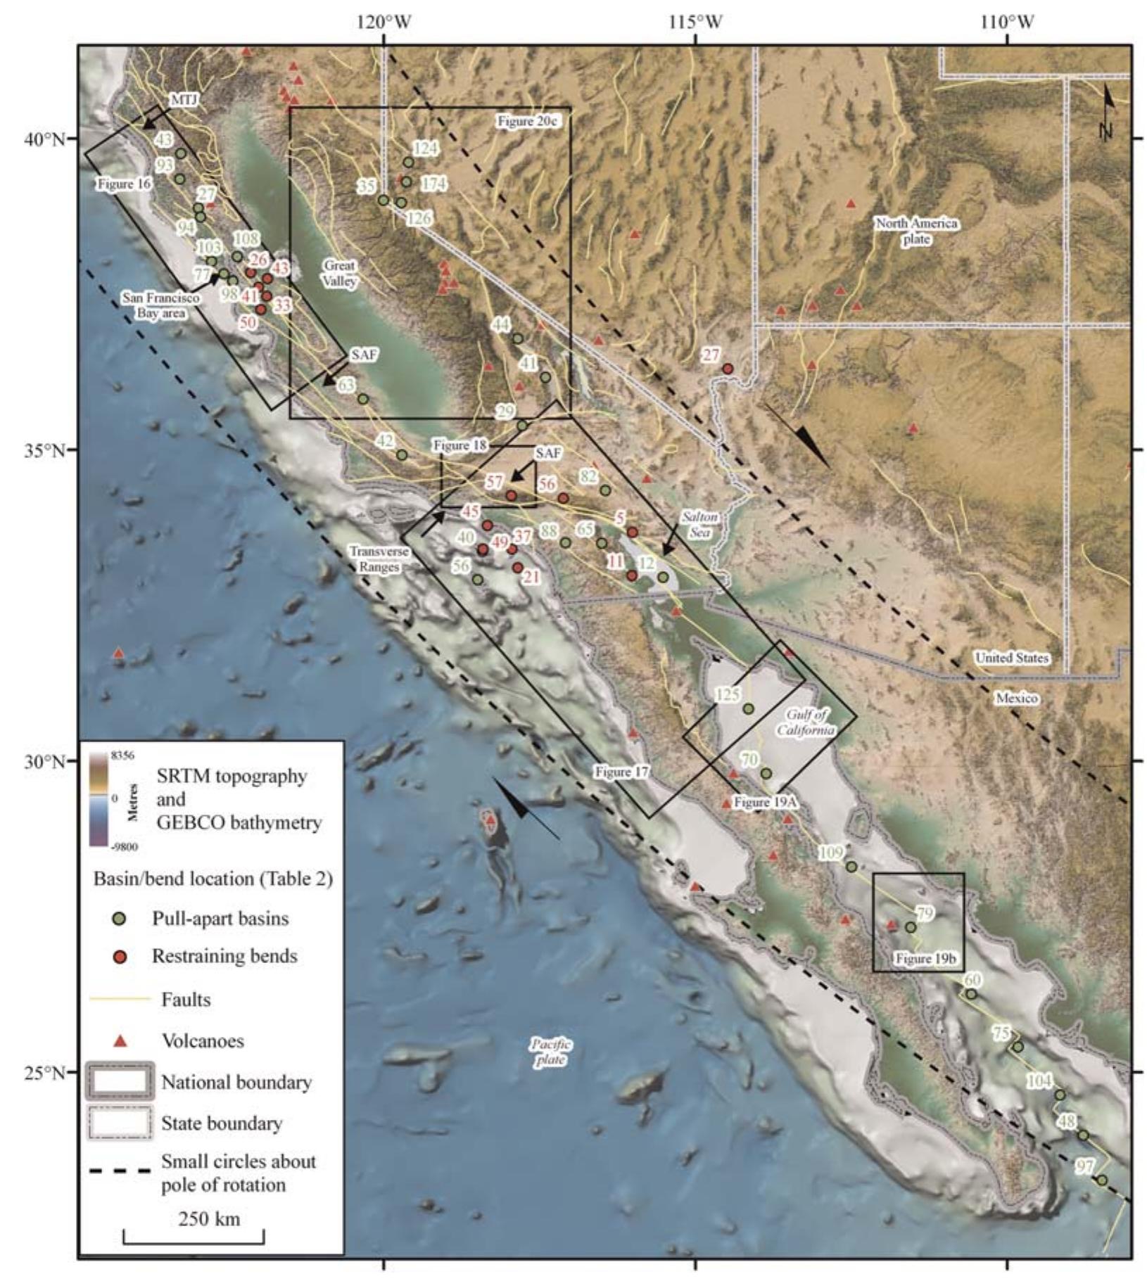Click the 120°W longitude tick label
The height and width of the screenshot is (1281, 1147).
click(x=384, y=23)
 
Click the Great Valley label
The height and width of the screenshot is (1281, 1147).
click(x=340, y=273)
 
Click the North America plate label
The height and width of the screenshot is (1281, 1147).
click(x=916, y=231)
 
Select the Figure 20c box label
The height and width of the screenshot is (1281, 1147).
click(x=528, y=121)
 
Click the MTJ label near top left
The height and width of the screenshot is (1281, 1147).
click(x=183, y=100)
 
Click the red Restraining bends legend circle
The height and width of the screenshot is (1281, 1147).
click(x=120, y=956)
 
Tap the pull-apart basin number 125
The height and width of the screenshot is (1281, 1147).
click(x=728, y=694)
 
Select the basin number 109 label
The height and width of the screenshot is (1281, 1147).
click(x=831, y=853)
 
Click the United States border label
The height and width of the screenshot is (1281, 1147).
click(x=1011, y=658)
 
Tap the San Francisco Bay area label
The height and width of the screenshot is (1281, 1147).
click(x=161, y=305)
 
